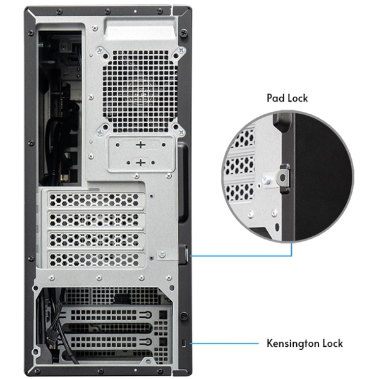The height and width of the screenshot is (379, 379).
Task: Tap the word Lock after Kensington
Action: (x=331, y=344)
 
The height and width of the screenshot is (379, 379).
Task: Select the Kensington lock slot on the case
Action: (x=183, y=343)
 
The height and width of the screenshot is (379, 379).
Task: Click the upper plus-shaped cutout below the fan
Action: (x=140, y=145)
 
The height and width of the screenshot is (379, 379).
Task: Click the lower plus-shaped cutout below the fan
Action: (x=140, y=162)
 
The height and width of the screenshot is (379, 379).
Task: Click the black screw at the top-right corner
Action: (x=184, y=33)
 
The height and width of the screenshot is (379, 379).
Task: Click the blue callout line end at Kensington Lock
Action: (x=191, y=344)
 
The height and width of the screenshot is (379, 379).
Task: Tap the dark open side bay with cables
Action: (x=61, y=107)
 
